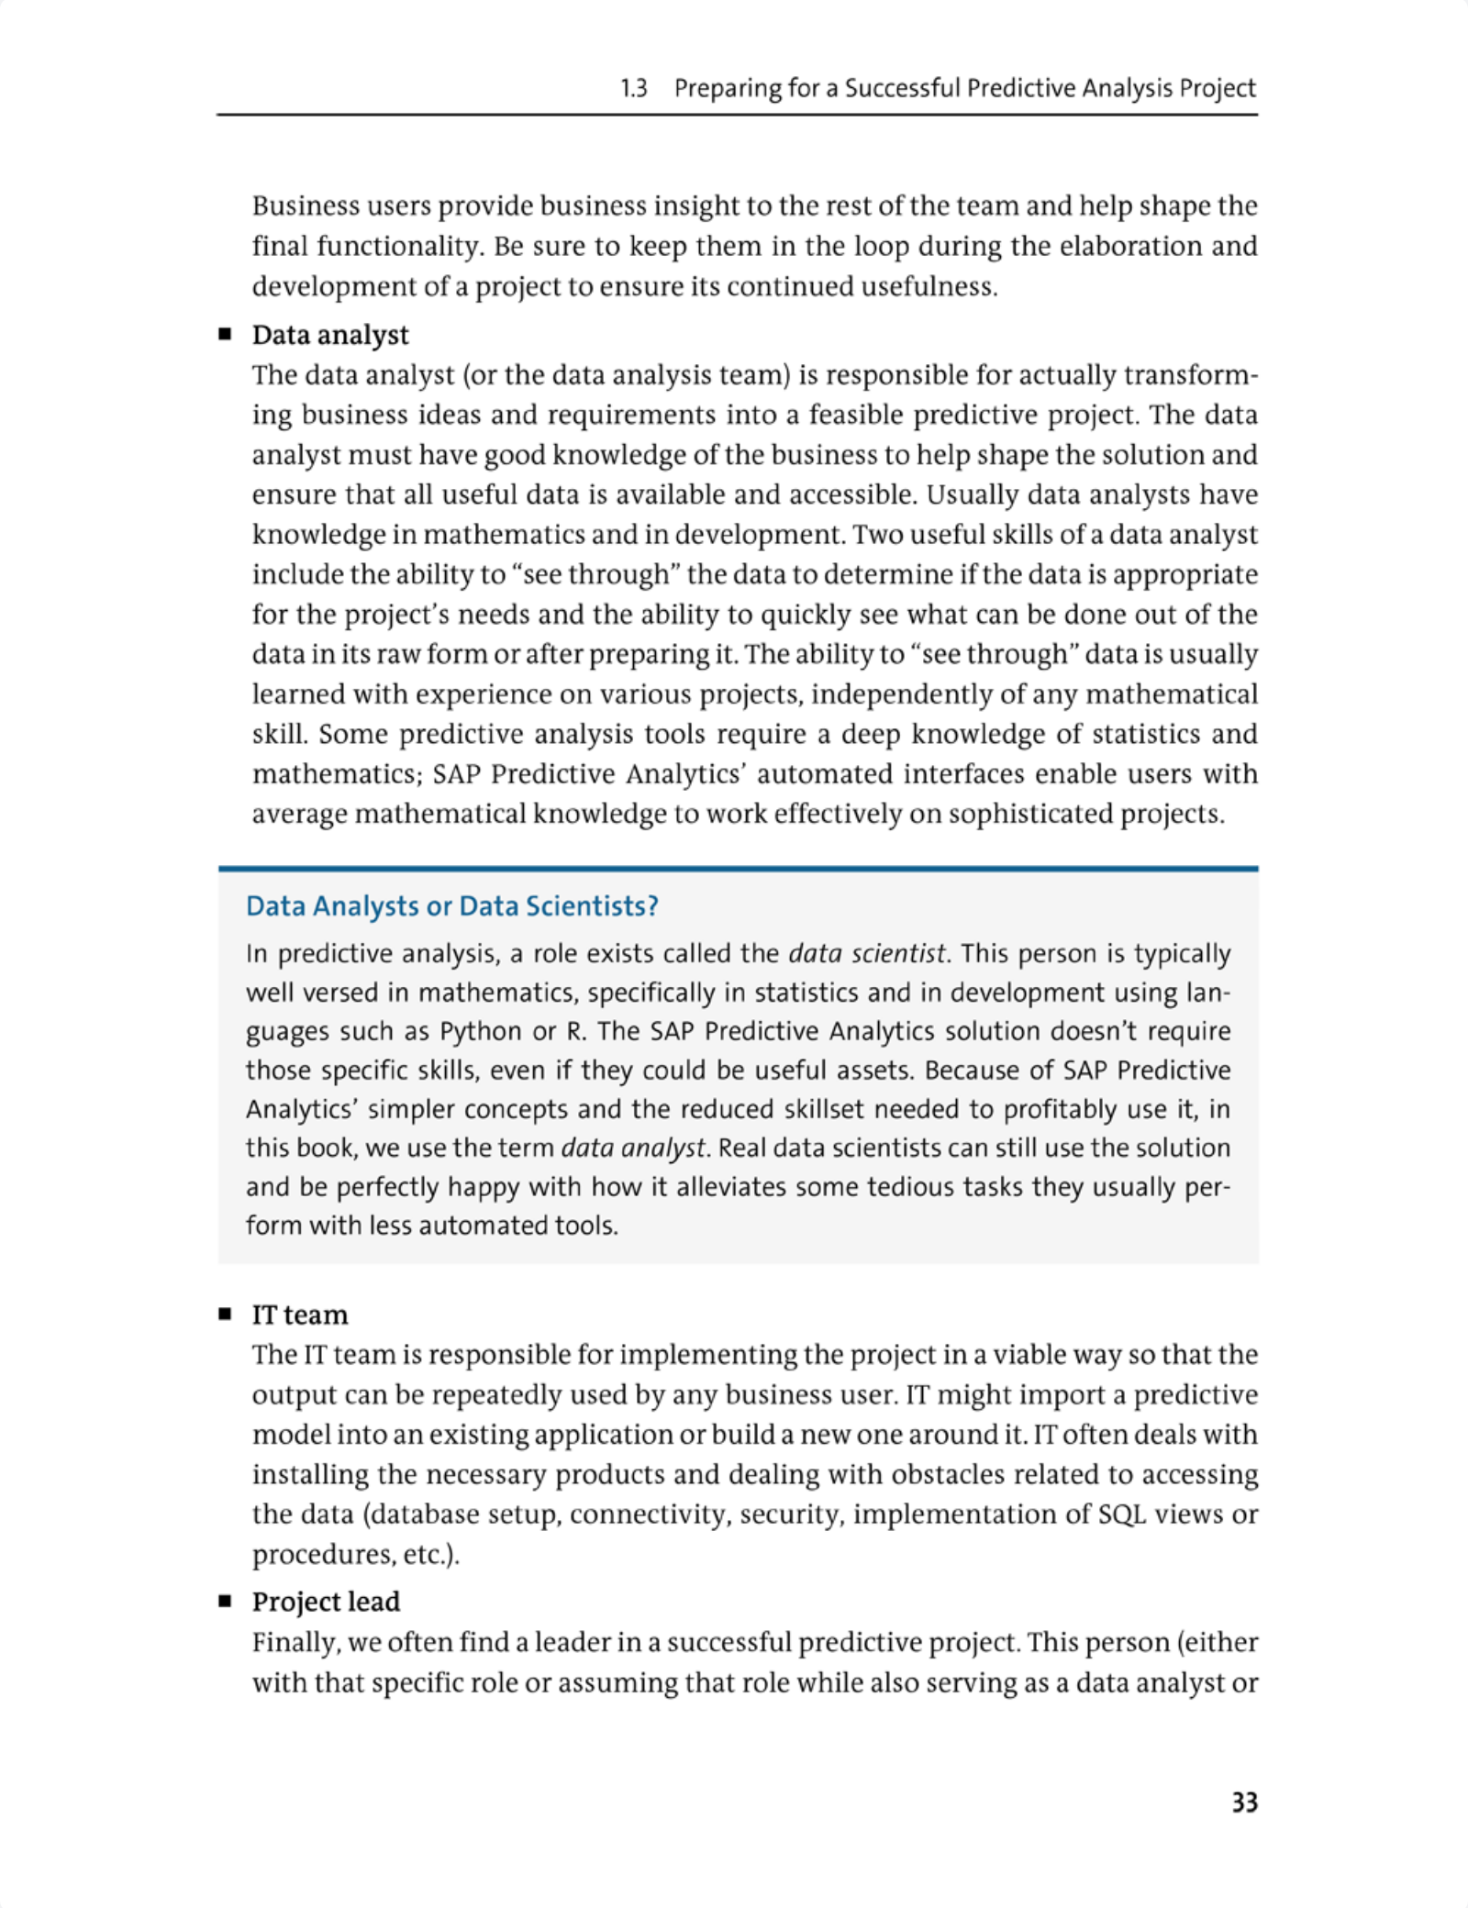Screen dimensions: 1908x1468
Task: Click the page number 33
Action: pyautogui.click(x=1244, y=1802)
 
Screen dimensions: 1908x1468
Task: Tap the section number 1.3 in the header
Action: pyautogui.click(x=633, y=88)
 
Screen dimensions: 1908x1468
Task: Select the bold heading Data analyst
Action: pyautogui.click(x=330, y=335)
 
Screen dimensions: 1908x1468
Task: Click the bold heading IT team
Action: pyautogui.click(x=300, y=1315)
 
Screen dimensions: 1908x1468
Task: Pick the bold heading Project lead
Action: pyautogui.click(x=326, y=1601)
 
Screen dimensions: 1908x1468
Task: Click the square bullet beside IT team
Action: pyautogui.click(x=225, y=1315)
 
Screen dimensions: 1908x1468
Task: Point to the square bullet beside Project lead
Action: pyautogui.click(x=225, y=1601)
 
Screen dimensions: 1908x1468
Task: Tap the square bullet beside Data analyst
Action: pyautogui.click(x=225, y=335)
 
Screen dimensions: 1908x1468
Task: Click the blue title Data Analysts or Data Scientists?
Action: pyautogui.click(x=452, y=906)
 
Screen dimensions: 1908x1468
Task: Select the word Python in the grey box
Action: pyautogui.click(x=481, y=1031)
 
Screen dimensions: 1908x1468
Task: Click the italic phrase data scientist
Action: pyautogui.click(x=866, y=954)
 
